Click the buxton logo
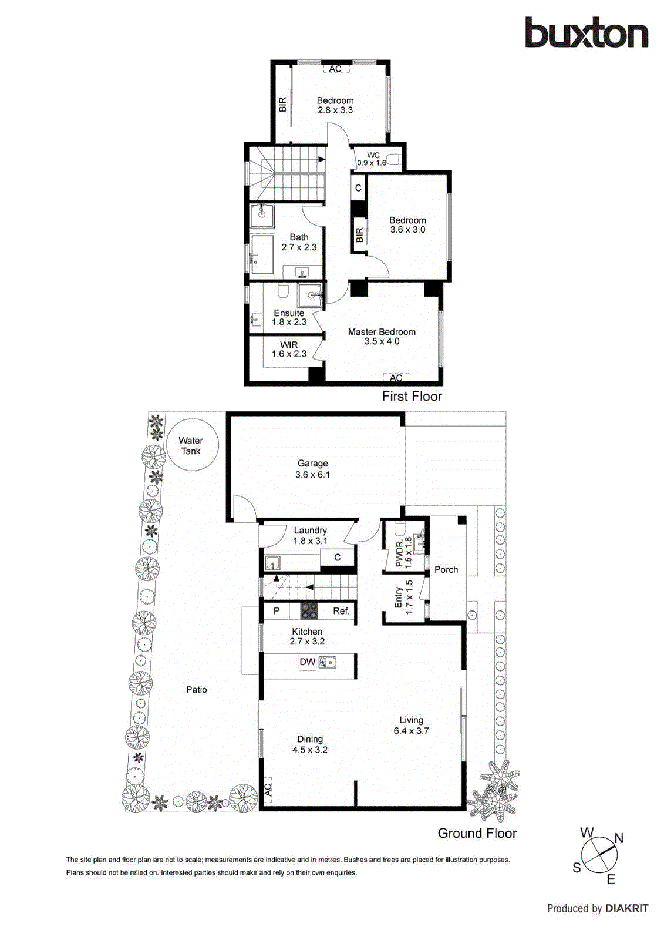(586, 33)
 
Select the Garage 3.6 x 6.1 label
(312, 469)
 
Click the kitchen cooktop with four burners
(309, 611)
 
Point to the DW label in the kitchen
(307, 662)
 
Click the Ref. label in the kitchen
(341, 611)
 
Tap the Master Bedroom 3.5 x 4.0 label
(382, 337)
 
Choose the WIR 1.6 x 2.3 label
(289, 350)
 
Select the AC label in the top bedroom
(335, 69)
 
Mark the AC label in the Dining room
(268, 790)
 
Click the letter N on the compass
(619, 838)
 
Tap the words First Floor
(412, 397)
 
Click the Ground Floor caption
(477, 833)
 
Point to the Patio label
(197, 690)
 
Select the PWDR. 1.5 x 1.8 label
(403, 552)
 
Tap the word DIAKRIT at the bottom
(627, 908)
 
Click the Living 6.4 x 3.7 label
(411, 726)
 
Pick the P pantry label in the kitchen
(277, 611)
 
